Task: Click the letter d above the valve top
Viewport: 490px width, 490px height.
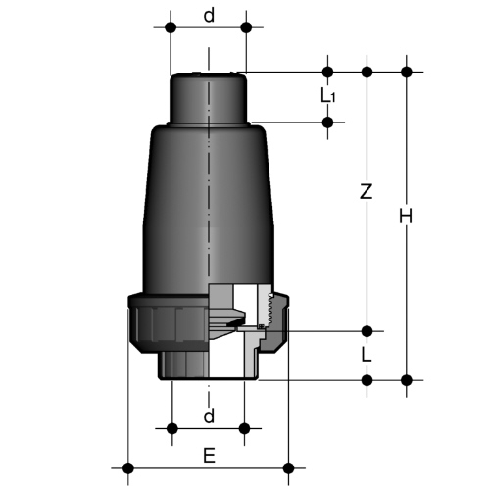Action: coord(209,15)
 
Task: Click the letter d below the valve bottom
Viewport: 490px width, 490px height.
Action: coord(209,416)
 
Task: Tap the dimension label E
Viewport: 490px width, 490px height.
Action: coord(209,456)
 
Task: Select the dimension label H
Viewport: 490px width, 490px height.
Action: coord(406,217)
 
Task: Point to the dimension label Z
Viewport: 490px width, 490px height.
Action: coord(367,191)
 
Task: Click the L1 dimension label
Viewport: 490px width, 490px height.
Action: coord(327,96)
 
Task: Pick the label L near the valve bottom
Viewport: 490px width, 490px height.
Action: coord(367,354)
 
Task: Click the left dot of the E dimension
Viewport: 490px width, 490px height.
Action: coord(128,468)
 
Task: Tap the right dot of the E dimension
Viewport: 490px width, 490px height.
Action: coord(288,468)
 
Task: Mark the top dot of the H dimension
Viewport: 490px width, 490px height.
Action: coord(407,72)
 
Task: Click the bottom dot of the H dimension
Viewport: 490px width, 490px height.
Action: coord(407,380)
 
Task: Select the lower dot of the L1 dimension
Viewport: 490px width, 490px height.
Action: coord(327,122)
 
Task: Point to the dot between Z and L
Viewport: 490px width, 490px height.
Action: coord(367,331)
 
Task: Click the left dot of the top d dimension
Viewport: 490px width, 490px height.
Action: coord(171,27)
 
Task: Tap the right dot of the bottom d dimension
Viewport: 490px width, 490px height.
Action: coord(244,428)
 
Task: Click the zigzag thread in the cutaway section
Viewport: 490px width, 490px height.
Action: coord(270,310)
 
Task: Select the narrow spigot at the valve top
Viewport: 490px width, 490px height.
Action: coord(209,98)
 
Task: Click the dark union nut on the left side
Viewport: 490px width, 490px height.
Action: coord(168,322)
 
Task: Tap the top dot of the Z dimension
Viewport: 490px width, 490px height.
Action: coord(367,72)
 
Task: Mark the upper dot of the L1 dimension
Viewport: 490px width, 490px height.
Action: coord(327,72)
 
